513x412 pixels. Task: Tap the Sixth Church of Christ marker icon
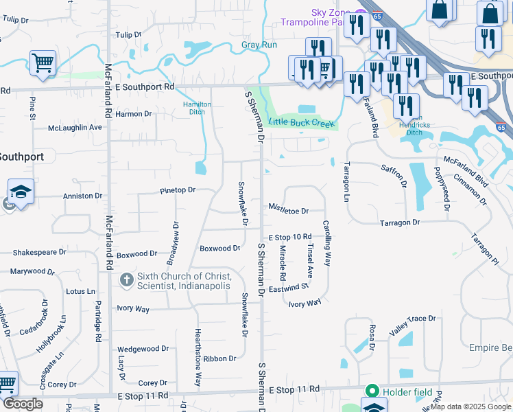126,280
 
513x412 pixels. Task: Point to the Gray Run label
259,45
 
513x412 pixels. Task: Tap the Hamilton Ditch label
196,108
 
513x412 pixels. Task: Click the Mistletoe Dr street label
288,210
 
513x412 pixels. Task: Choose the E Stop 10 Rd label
290,237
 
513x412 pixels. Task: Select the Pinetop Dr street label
178,190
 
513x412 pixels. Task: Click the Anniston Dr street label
82,196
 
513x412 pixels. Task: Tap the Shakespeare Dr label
29,253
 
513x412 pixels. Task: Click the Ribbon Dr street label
219,358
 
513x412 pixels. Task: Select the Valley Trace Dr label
413,319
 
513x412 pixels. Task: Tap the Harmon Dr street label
133,114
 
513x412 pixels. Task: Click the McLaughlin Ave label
75,128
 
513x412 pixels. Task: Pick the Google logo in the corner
23,404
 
